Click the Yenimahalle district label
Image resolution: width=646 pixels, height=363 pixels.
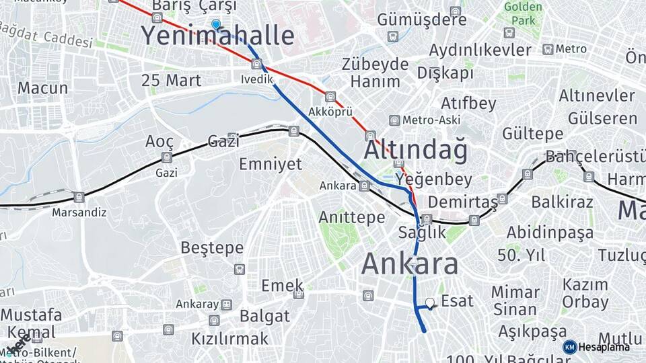(x=217, y=36)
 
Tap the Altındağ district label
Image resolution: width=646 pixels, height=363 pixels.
(x=415, y=151)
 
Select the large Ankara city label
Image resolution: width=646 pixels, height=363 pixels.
(x=410, y=264)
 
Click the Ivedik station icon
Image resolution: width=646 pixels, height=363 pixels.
(x=256, y=65)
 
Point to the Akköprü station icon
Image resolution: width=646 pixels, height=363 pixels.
(x=330, y=97)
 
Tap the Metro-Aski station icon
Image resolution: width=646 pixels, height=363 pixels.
(x=394, y=120)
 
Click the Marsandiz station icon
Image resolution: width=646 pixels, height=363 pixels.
(x=79, y=197)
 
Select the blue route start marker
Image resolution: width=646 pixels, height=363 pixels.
(x=215, y=25)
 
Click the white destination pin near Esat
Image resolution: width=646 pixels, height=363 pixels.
(x=429, y=303)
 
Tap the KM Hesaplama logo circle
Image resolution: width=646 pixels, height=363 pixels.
(x=569, y=347)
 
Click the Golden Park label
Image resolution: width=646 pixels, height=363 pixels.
(x=522, y=14)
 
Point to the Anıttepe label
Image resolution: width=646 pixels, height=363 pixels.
(x=351, y=217)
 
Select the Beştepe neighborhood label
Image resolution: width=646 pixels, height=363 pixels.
(x=212, y=247)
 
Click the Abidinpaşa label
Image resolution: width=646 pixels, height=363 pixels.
(x=550, y=233)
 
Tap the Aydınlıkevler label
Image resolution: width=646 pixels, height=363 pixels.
(x=480, y=50)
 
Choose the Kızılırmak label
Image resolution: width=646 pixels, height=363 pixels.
(x=229, y=338)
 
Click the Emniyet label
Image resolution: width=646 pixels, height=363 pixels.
(x=271, y=164)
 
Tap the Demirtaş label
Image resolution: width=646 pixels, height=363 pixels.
(x=462, y=202)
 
